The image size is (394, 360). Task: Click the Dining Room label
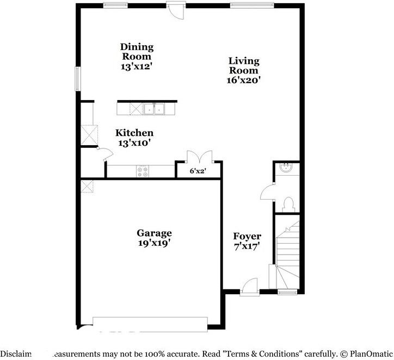[x=137, y=52]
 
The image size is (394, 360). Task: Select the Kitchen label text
[x=134, y=133]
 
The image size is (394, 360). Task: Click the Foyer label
[x=247, y=236]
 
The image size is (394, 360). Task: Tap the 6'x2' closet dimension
[x=198, y=171]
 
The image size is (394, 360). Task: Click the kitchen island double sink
[x=154, y=109]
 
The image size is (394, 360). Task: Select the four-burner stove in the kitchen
[x=142, y=171]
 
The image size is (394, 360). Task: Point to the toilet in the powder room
[x=288, y=204]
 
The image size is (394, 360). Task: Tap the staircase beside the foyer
[x=288, y=253]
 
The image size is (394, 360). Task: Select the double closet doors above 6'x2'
[x=198, y=157]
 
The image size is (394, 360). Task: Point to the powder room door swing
[x=268, y=192]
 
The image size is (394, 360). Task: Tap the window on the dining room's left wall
[x=78, y=78]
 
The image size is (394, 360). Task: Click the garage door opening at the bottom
[x=150, y=322]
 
